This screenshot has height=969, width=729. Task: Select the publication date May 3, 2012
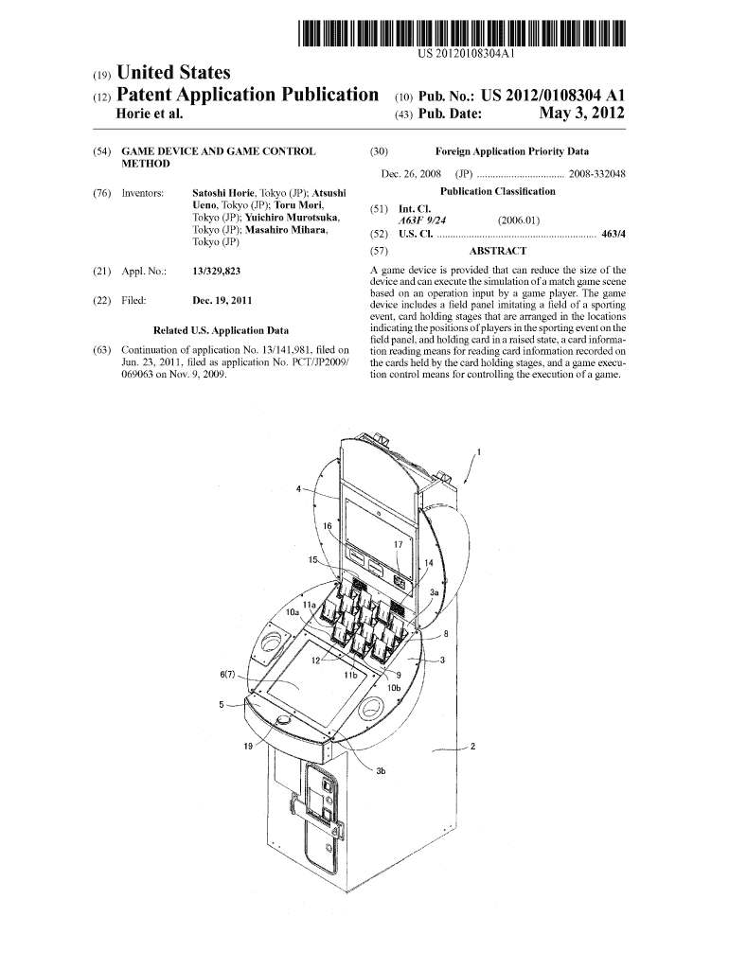click(581, 115)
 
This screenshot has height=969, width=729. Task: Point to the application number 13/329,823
click(215, 271)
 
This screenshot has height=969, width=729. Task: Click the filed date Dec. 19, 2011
click(222, 301)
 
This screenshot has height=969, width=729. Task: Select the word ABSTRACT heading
click(497, 251)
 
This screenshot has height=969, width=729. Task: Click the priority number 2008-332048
click(596, 173)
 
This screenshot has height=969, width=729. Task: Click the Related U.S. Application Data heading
click(221, 330)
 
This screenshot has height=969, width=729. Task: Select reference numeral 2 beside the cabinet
click(472, 746)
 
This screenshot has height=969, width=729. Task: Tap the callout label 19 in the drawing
click(247, 747)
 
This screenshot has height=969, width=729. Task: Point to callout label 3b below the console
click(381, 771)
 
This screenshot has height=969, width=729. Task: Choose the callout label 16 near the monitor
click(327, 524)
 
